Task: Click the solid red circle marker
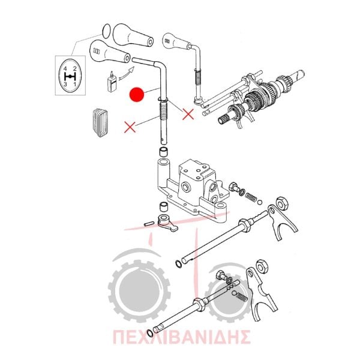[x=137, y=94]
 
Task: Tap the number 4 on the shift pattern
[x=65, y=68]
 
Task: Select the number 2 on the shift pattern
[x=74, y=68]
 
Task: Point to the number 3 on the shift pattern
[x=65, y=84]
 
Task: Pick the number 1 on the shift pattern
[x=74, y=84]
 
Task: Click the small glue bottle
[x=112, y=82]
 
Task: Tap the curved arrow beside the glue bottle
[x=126, y=73]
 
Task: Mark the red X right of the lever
[x=188, y=114]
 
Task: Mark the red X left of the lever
[x=130, y=127]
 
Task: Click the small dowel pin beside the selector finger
[x=149, y=223]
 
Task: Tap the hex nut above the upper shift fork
[x=282, y=203]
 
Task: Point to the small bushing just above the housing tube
[x=163, y=152]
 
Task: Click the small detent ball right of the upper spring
[x=260, y=202]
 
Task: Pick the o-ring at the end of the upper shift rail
[x=178, y=264]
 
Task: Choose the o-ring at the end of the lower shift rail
[x=149, y=333]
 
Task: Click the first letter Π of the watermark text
[x=119, y=337]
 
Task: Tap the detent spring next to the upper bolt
[x=250, y=197]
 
